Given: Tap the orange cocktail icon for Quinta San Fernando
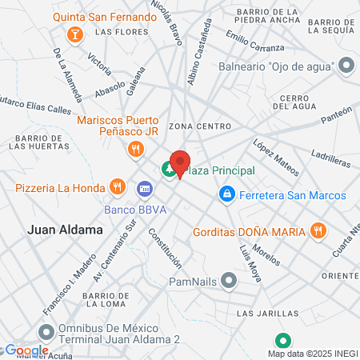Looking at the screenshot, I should point(74,34).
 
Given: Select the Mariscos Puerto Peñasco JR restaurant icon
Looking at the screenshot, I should point(135,148).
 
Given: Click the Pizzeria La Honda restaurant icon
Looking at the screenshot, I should point(118,188).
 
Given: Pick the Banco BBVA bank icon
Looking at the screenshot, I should point(145,189).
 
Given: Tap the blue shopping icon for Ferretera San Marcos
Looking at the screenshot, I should point(227,195).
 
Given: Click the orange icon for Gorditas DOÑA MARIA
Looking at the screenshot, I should point(318,231).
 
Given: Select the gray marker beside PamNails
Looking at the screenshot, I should point(230,281).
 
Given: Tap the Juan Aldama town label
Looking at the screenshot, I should point(66,230).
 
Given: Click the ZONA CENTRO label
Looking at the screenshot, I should point(200,126).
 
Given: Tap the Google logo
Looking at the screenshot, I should point(26,350).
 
